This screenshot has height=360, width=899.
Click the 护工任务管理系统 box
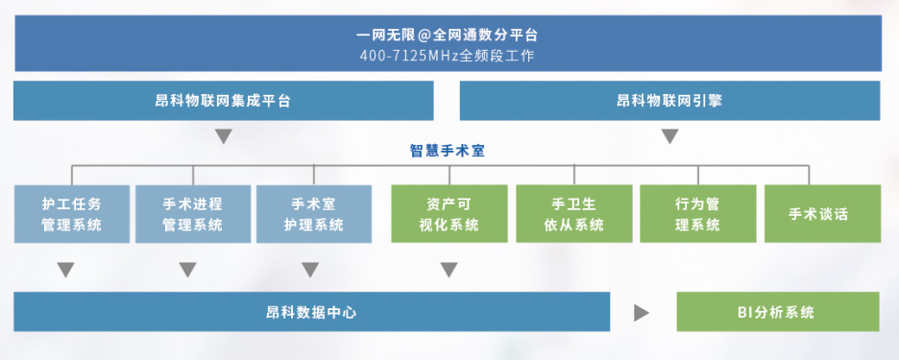pos(72,214)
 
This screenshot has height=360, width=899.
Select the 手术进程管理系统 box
pos(193,214)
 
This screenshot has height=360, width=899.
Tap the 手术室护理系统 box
pos(314,214)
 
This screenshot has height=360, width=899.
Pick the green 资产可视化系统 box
pos(449,214)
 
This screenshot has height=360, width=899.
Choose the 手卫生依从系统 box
pos(574,214)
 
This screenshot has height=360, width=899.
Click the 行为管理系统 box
pos(697,214)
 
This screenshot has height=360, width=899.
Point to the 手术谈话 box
pos(822,214)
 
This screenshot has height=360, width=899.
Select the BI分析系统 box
pos(777,312)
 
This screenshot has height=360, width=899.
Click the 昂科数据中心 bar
pos(311,312)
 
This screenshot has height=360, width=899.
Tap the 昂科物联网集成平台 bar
pos(223,101)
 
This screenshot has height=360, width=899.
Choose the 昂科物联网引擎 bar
pos(669,101)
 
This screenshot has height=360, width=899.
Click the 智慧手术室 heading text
pos(448,151)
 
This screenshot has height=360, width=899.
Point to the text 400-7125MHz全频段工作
pos(448,57)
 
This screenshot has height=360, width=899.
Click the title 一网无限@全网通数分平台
pos(448,35)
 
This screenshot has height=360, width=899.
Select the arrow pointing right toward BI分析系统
pos(642,313)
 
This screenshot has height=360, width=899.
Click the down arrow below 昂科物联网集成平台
pos(223,136)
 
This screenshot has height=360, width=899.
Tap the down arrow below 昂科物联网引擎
pos(669,136)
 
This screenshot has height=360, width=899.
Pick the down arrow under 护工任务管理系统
pos(66,270)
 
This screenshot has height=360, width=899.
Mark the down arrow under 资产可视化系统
pos(449,270)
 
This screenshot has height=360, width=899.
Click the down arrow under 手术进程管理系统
pos(187,270)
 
